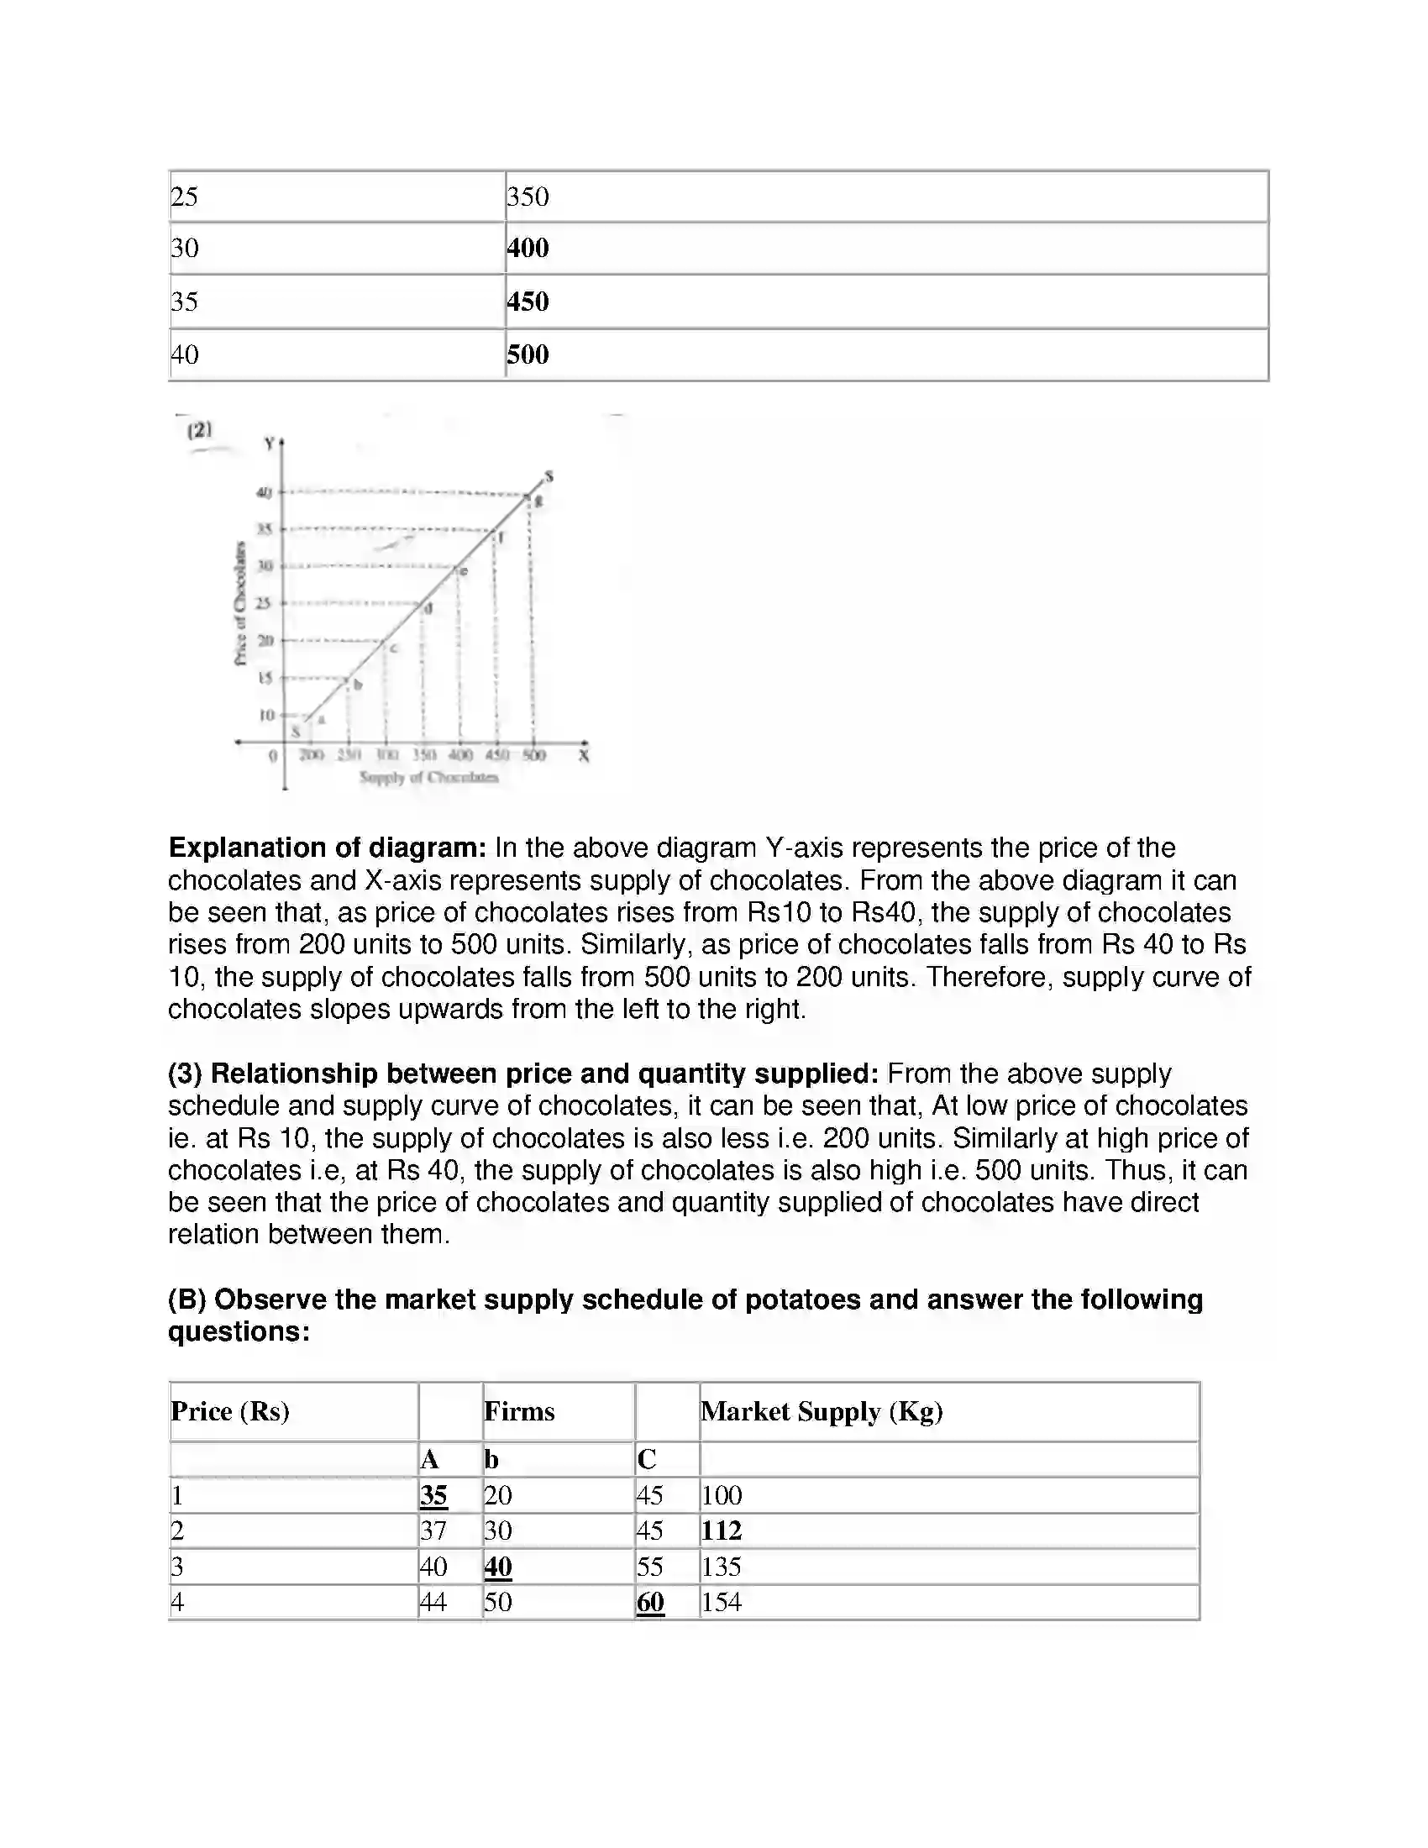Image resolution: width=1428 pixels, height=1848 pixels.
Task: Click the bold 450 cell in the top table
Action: (x=528, y=302)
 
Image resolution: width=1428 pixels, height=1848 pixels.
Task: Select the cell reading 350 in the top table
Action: (x=528, y=197)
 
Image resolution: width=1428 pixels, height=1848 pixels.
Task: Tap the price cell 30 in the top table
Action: (x=185, y=248)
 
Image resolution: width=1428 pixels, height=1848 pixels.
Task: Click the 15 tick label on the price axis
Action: (x=265, y=678)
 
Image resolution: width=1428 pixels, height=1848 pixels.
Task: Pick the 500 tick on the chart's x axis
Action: (x=533, y=755)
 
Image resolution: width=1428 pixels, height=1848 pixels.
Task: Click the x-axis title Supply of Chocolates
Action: (x=429, y=777)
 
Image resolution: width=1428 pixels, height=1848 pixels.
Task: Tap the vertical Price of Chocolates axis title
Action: (x=240, y=602)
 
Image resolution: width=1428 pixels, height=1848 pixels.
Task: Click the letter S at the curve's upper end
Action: (x=549, y=476)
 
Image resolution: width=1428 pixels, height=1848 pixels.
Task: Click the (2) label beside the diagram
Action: (x=200, y=430)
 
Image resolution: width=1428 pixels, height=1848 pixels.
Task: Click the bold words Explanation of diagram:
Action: (x=328, y=848)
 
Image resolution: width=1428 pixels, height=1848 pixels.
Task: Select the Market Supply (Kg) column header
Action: (x=822, y=1411)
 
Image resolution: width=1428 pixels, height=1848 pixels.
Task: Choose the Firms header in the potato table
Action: (x=518, y=1411)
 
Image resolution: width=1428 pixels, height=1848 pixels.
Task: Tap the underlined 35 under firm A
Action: (x=433, y=1495)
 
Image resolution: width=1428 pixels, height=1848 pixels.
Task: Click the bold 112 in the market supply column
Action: (x=721, y=1530)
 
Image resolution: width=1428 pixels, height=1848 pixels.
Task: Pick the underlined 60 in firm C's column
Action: (x=649, y=1602)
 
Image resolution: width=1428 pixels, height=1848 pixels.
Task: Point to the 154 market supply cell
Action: (x=721, y=1602)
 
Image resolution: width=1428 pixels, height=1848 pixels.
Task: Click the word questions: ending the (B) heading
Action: (x=239, y=1332)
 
